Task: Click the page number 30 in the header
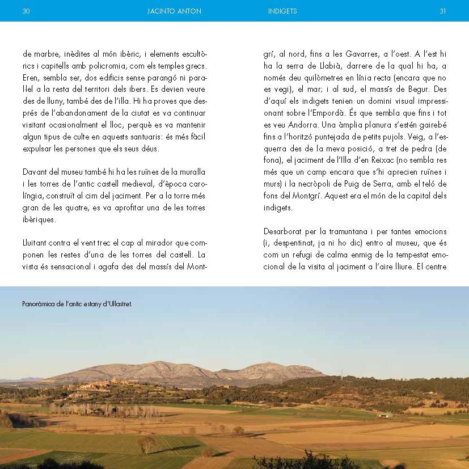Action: coord(26,11)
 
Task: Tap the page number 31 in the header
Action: coord(443,11)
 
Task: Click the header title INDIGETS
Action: coord(282,11)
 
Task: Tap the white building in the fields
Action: coord(385,415)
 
